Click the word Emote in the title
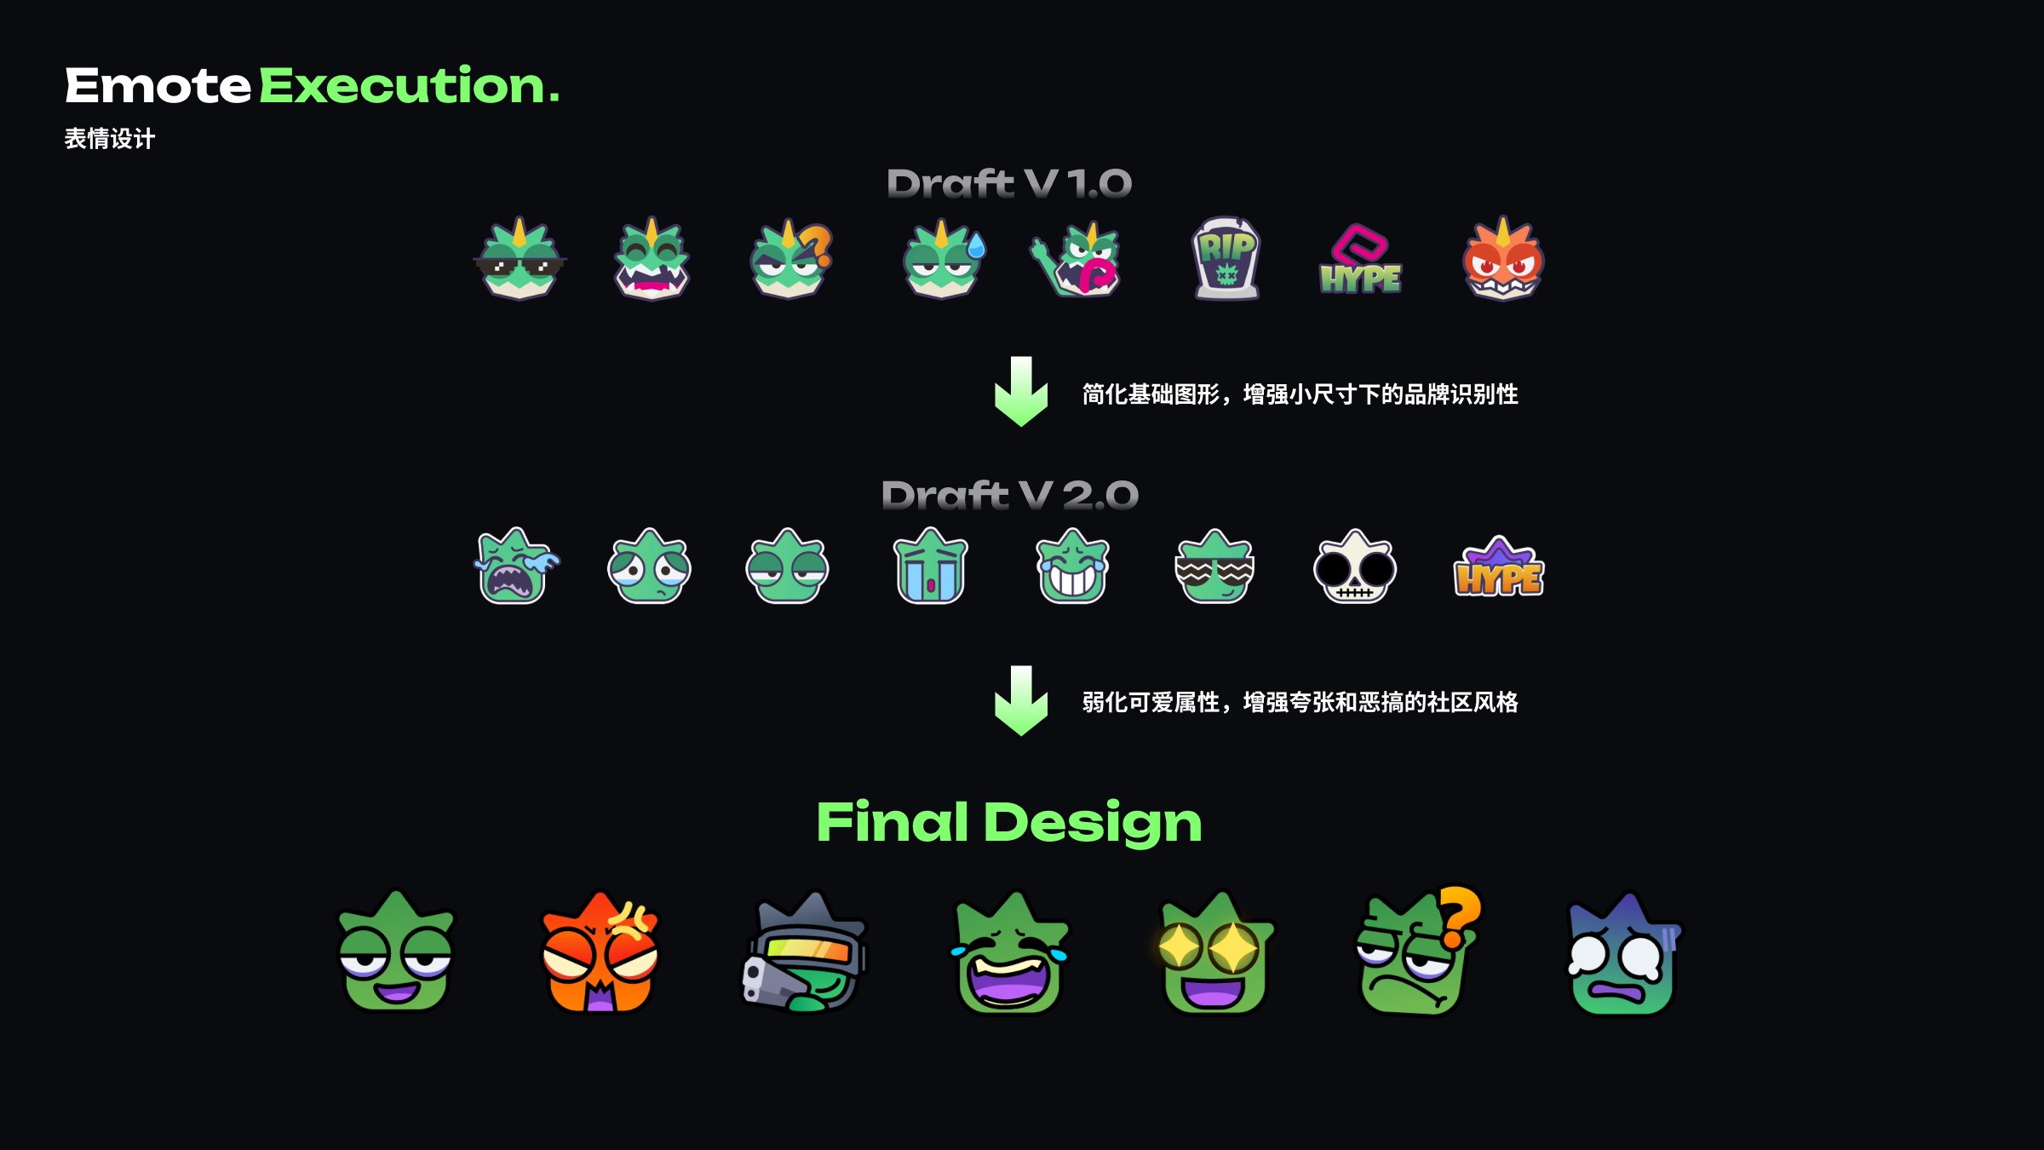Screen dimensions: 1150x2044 (x=158, y=86)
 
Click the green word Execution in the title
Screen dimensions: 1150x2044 (x=409, y=86)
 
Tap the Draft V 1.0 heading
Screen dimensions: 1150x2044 (x=1009, y=183)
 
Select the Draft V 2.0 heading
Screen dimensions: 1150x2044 (x=1009, y=495)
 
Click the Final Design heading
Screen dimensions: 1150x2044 (x=1009, y=822)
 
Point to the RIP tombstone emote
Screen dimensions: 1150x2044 (x=1226, y=258)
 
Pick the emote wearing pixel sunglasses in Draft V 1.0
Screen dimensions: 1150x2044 (x=520, y=261)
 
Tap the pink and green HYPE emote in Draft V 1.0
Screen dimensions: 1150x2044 (x=1360, y=260)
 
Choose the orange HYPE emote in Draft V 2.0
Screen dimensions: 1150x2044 (x=1498, y=569)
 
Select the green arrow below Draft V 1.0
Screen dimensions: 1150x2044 (x=1020, y=392)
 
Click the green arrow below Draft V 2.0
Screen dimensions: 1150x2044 (x=1020, y=701)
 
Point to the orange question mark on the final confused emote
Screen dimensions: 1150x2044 (x=1458, y=916)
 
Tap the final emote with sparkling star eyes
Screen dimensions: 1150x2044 (x=1214, y=954)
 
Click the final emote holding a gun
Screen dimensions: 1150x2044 (x=805, y=954)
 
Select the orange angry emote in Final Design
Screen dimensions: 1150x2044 (x=600, y=954)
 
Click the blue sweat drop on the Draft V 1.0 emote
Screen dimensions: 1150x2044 (x=976, y=246)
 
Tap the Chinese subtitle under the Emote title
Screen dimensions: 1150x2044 (x=110, y=138)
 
